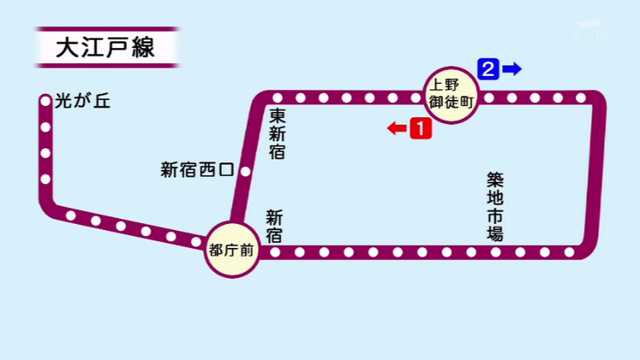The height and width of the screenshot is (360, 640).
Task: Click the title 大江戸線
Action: point(105,47)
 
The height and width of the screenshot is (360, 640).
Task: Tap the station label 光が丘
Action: point(82,101)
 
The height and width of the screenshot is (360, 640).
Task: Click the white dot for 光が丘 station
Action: point(45,100)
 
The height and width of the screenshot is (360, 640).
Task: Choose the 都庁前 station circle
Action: point(232,250)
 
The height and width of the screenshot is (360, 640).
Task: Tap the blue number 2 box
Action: point(488,68)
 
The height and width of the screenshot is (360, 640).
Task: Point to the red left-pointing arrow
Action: point(396,129)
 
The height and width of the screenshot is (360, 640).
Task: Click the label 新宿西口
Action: point(197,170)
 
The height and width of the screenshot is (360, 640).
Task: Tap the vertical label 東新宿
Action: point(277,133)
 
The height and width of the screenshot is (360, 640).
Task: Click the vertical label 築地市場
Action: point(495,207)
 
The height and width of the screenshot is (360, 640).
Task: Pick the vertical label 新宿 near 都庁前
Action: point(274,226)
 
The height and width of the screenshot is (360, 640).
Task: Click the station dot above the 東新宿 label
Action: point(277,97)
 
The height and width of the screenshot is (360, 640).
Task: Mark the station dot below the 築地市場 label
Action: point(496,252)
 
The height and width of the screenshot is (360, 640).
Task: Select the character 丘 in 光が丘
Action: point(102,101)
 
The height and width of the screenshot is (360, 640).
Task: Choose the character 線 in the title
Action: point(143,47)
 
